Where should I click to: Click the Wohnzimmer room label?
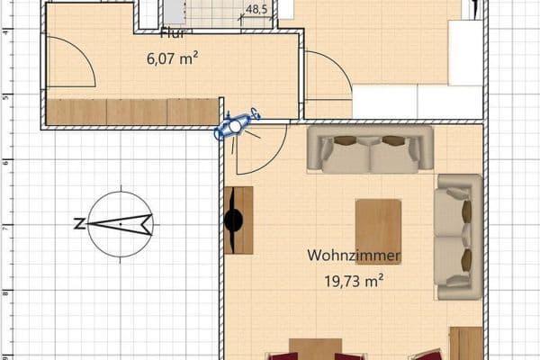pyautogui.click(x=354, y=256)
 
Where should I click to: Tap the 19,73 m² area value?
pyautogui.click(x=354, y=281)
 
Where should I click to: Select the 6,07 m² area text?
pyautogui.click(x=172, y=59)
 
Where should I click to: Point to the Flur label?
pyautogui.click(x=172, y=35)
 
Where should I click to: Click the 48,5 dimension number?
pyautogui.click(x=256, y=10)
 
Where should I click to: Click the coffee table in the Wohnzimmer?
pyautogui.click(x=378, y=231)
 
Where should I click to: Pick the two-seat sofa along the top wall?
pyautogui.click(x=370, y=148)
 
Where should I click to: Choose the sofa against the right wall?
pyautogui.click(x=457, y=237)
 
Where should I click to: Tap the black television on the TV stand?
pyautogui.click(x=235, y=220)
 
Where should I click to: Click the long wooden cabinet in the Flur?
pyautogui.click(x=131, y=112)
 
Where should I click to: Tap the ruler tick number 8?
pyautogui.click(x=5, y=292)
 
